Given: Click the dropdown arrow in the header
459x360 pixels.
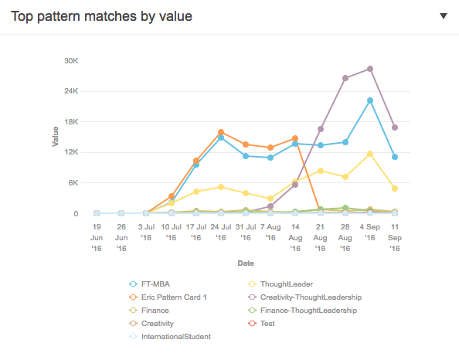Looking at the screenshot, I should pos(443,16).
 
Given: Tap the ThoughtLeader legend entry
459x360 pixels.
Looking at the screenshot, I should pos(285,284).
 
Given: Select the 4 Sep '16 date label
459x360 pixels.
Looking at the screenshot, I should pos(370,233).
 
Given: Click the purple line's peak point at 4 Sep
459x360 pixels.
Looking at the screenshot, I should pos(370,69).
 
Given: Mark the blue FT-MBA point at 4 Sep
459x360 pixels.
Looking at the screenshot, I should pos(370,100).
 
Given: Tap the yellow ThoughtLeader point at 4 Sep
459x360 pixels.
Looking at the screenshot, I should pos(370,154).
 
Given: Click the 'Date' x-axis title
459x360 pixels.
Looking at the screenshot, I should pos(246,263).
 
